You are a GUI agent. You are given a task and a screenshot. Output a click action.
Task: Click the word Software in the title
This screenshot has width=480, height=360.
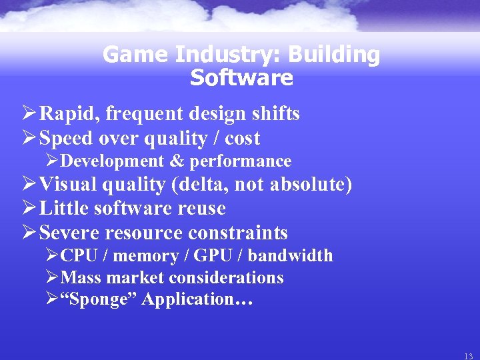(x=241, y=78)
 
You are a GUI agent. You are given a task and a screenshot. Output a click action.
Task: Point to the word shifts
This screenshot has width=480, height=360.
(x=277, y=114)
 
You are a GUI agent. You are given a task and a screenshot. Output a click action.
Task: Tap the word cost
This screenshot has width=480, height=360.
(x=243, y=139)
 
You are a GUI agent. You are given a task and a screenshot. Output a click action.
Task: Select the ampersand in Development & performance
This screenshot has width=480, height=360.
(x=176, y=161)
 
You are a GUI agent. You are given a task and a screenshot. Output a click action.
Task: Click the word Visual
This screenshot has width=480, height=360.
(x=67, y=185)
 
